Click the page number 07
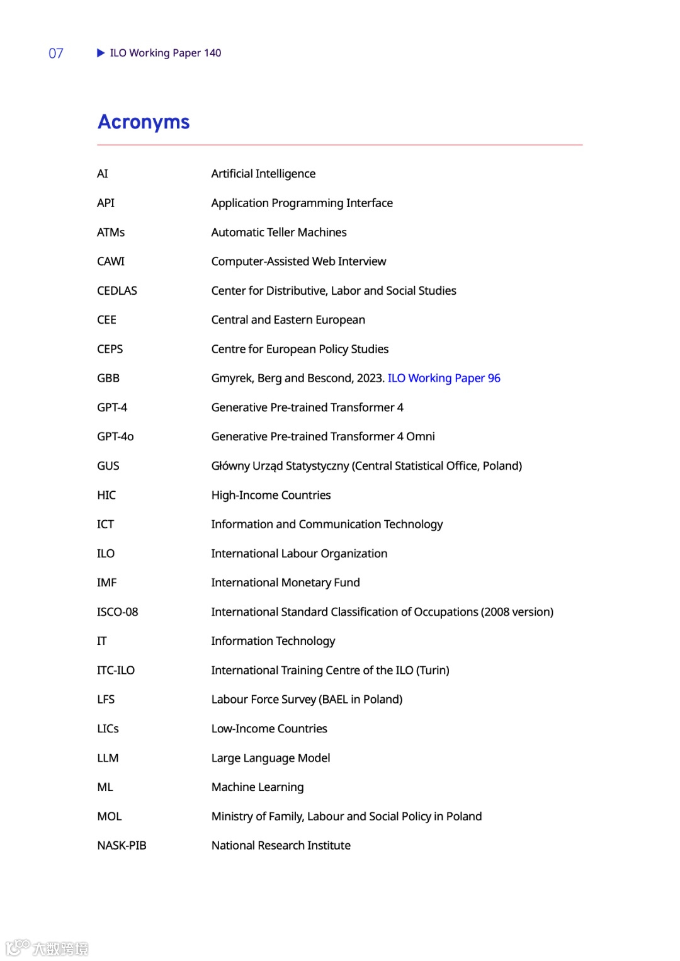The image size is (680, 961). pyautogui.click(x=56, y=54)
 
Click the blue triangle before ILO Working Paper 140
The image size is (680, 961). pyautogui.click(x=101, y=53)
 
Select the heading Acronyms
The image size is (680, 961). pyautogui.click(x=144, y=122)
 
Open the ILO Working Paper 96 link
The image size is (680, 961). pyautogui.click(x=444, y=378)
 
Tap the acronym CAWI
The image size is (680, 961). pyautogui.click(x=111, y=261)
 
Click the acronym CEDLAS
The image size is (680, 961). pyautogui.click(x=117, y=290)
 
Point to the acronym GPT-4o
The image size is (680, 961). pyautogui.click(x=115, y=436)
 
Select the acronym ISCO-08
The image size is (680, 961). pyautogui.click(x=118, y=611)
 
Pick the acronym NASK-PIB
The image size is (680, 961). pyautogui.click(x=122, y=845)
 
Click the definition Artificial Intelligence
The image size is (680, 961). pyautogui.click(x=263, y=174)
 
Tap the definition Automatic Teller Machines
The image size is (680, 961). pyautogui.click(x=279, y=232)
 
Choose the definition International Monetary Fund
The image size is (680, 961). pyautogui.click(x=285, y=583)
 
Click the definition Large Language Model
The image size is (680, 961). pyautogui.click(x=271, y=758)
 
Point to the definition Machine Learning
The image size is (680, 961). pyautogui.click(x=258, y=787)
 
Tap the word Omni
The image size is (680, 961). pyautogui.click(x=421, y=436)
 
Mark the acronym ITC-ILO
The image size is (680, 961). pyautogui.click(x=116, y=670)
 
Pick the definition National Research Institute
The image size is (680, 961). pyautogui.click(x=281, y=845)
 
